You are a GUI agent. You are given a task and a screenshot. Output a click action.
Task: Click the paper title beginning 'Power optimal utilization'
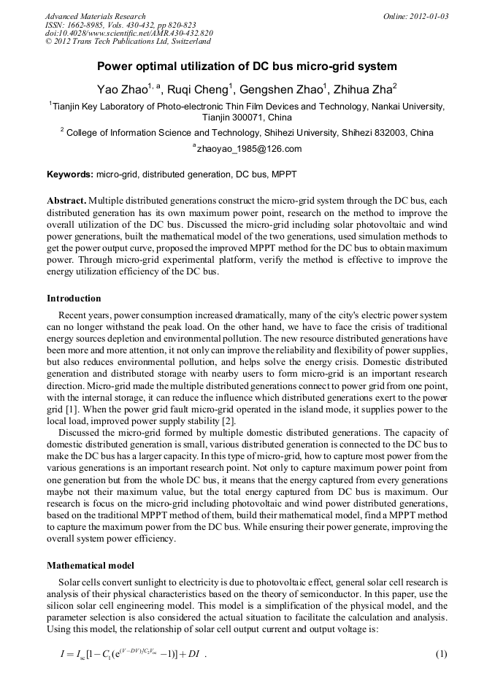point(247,66)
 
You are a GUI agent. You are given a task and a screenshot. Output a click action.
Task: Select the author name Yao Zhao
point(122,90)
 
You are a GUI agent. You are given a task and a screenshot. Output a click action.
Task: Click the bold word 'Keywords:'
point(70,175)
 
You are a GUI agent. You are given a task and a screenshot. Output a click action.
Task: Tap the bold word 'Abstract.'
point(66,200)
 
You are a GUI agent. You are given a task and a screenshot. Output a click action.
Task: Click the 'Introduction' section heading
point(74,299)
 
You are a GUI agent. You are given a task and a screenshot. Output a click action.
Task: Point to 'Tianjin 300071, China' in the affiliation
point(247,118)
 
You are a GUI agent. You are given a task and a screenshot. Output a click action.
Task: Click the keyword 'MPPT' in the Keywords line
point(284,175)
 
